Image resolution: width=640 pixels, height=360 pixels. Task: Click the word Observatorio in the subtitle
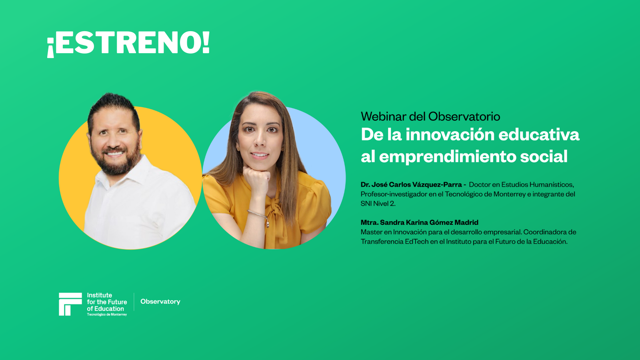464,116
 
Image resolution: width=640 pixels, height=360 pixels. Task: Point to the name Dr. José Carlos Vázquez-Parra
411,184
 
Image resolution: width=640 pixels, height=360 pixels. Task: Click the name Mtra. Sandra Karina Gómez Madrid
419,222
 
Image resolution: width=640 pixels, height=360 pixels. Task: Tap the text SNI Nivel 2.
378,204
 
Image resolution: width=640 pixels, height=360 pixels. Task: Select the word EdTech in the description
416,242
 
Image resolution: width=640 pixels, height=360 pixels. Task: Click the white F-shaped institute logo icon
70,304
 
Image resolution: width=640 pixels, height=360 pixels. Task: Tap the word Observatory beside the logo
160,302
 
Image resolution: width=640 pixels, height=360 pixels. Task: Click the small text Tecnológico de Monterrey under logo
107,315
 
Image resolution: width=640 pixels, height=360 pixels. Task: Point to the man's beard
116,162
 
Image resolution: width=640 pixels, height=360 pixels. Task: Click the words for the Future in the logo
107,302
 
